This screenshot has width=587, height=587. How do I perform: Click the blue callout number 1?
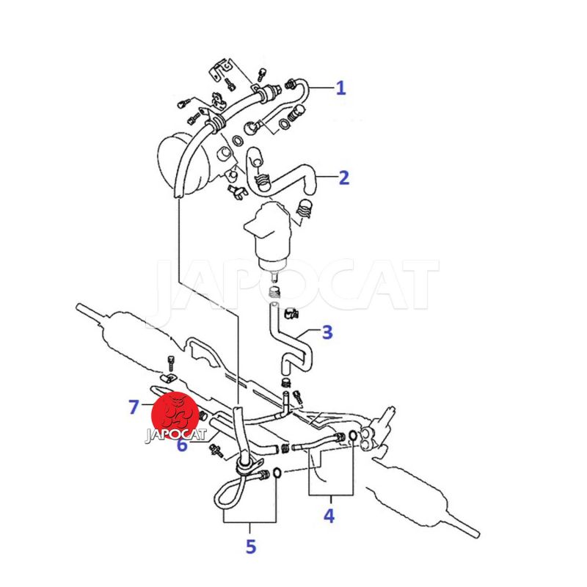pos(340,88)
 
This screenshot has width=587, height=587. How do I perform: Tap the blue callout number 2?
pos(343,178)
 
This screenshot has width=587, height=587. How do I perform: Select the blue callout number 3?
pos(327,332)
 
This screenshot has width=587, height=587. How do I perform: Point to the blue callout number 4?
pos(329,516)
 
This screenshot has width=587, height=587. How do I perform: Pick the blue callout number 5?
pos(250,546)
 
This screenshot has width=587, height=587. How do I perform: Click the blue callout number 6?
pos(181,445)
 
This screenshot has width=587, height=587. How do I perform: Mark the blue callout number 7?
pos(134,407)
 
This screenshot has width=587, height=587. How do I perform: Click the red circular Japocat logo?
pos(175,416)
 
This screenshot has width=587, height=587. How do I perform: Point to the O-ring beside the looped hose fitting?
pos(277,473)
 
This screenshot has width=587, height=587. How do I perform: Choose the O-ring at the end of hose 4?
pos(352,435)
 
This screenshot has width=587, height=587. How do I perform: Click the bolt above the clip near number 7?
pos(171,362)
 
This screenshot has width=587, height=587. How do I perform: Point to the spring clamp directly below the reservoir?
pos(275,292)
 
